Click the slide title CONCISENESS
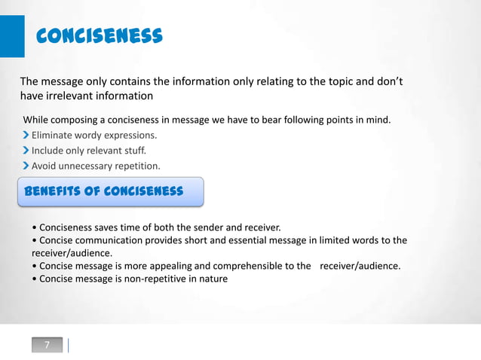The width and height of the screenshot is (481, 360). pos(100,35)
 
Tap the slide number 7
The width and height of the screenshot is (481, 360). pos(47,345)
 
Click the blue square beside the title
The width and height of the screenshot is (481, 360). pos(12,36)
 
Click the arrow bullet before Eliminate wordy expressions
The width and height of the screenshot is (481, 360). pos(26,136)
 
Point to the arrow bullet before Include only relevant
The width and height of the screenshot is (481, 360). pos(26,151)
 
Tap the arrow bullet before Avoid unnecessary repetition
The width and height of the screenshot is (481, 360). pos(26,166)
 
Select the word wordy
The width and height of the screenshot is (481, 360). pos(93,136)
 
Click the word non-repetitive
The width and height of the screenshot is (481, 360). pos(150,279)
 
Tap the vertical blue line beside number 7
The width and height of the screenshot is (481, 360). pos(69,345)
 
